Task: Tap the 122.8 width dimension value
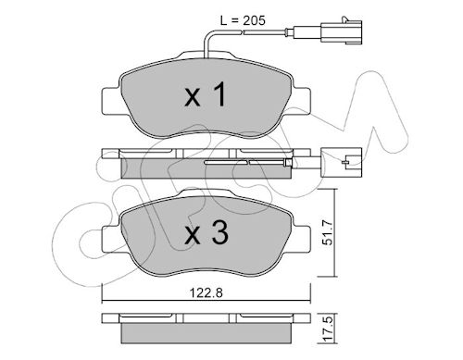pyautogui.click(x=206, y=292)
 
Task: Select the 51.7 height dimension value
pyautogui.click(x=327, y=232)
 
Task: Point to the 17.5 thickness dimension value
pyautogui.click(x=328, y=329)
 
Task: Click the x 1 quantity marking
pyautogui.click(x=206, y=95)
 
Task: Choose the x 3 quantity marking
pyautogui.click(x=206, y=233)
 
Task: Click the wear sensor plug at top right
pyautogui.click(x=341, y=31)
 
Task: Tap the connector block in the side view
pyautogui.click(x=341, y=163)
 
